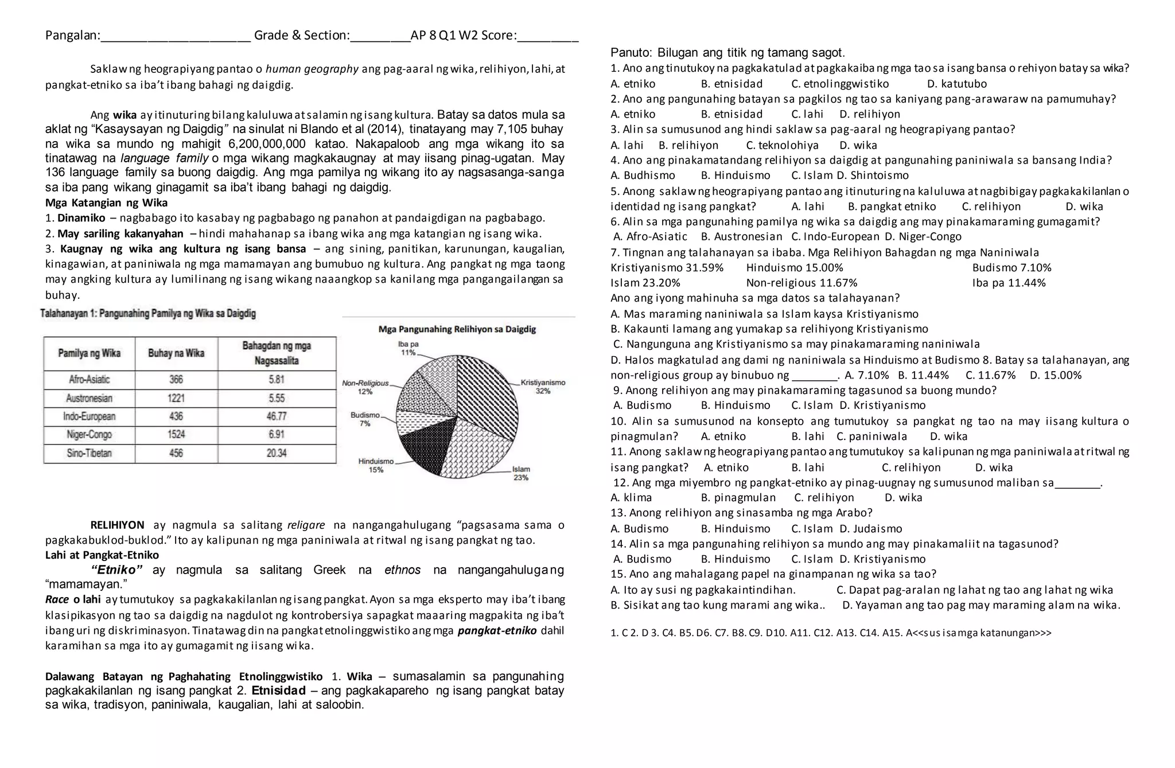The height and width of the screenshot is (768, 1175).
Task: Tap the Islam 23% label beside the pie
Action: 521,473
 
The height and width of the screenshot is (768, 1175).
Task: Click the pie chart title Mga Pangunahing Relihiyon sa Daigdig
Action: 457,329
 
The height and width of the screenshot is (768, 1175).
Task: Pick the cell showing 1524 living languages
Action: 176,435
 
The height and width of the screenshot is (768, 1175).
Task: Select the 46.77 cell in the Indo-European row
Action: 277,416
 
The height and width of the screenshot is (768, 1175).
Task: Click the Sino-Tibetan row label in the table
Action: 89,453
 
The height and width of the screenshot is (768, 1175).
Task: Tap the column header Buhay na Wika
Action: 176,353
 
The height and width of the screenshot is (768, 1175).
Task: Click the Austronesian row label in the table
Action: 89,398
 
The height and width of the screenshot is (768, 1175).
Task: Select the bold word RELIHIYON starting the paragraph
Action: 118,525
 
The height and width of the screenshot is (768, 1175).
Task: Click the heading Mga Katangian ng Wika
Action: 106,203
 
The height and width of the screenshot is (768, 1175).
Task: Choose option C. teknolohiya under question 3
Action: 782,146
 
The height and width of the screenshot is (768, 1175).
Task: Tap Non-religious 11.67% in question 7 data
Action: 802,283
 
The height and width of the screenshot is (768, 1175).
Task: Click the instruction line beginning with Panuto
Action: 727,53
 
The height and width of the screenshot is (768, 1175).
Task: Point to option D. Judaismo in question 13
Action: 870,529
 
